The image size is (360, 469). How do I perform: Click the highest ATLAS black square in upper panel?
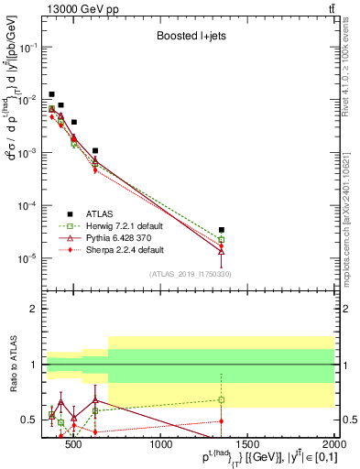52,94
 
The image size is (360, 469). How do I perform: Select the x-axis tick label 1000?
162,446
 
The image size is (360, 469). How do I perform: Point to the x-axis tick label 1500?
248,446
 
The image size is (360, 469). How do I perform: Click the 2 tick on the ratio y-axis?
36,309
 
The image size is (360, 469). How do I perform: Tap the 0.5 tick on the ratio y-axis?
32,420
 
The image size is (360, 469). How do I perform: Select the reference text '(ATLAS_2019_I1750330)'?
190,273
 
